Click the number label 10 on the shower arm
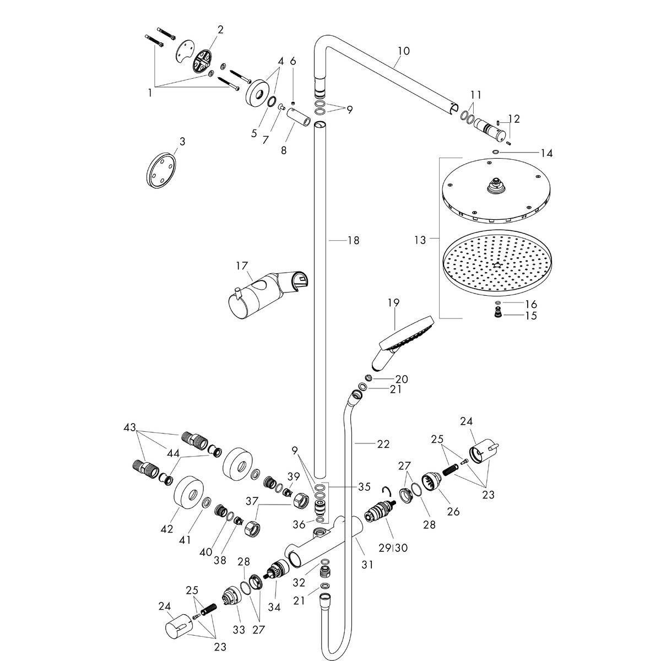tap(404, 51)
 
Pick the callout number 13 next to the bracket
tap(420, 240)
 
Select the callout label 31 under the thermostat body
tap(367, 564)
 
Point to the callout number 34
tap(274, 607)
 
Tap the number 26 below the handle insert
tap(453, 511)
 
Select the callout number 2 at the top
tap(220, 29)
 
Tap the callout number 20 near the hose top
tap(401, 379)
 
